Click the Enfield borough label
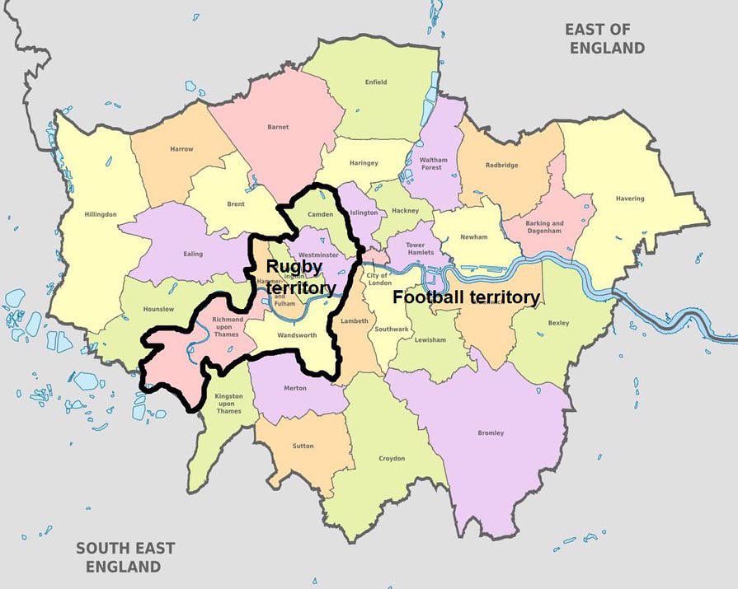click(x=375, y=82)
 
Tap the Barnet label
click(x=278, y=127)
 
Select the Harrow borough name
click(x=182, y=149)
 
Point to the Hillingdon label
click(x=101, y=214)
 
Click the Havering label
click(x=630, y=199)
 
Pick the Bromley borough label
click(x=491, y=433)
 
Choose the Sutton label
click(x=303, y=446)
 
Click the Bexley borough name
click(x=558, y=323)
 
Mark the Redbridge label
click(x=502, y=165)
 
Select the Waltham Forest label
click(x=432, y=163)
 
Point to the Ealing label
click(x=192, y=254)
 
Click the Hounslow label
click(x=159, y=309)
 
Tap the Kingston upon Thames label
click(x=228, y=404)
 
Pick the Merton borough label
click(x=294, y=388)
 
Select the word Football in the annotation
click(x=425, y=297)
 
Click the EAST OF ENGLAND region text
click(x=604, y=39)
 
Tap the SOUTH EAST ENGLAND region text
click(x=125, y=557)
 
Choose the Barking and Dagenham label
click(x=545, y=227)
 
